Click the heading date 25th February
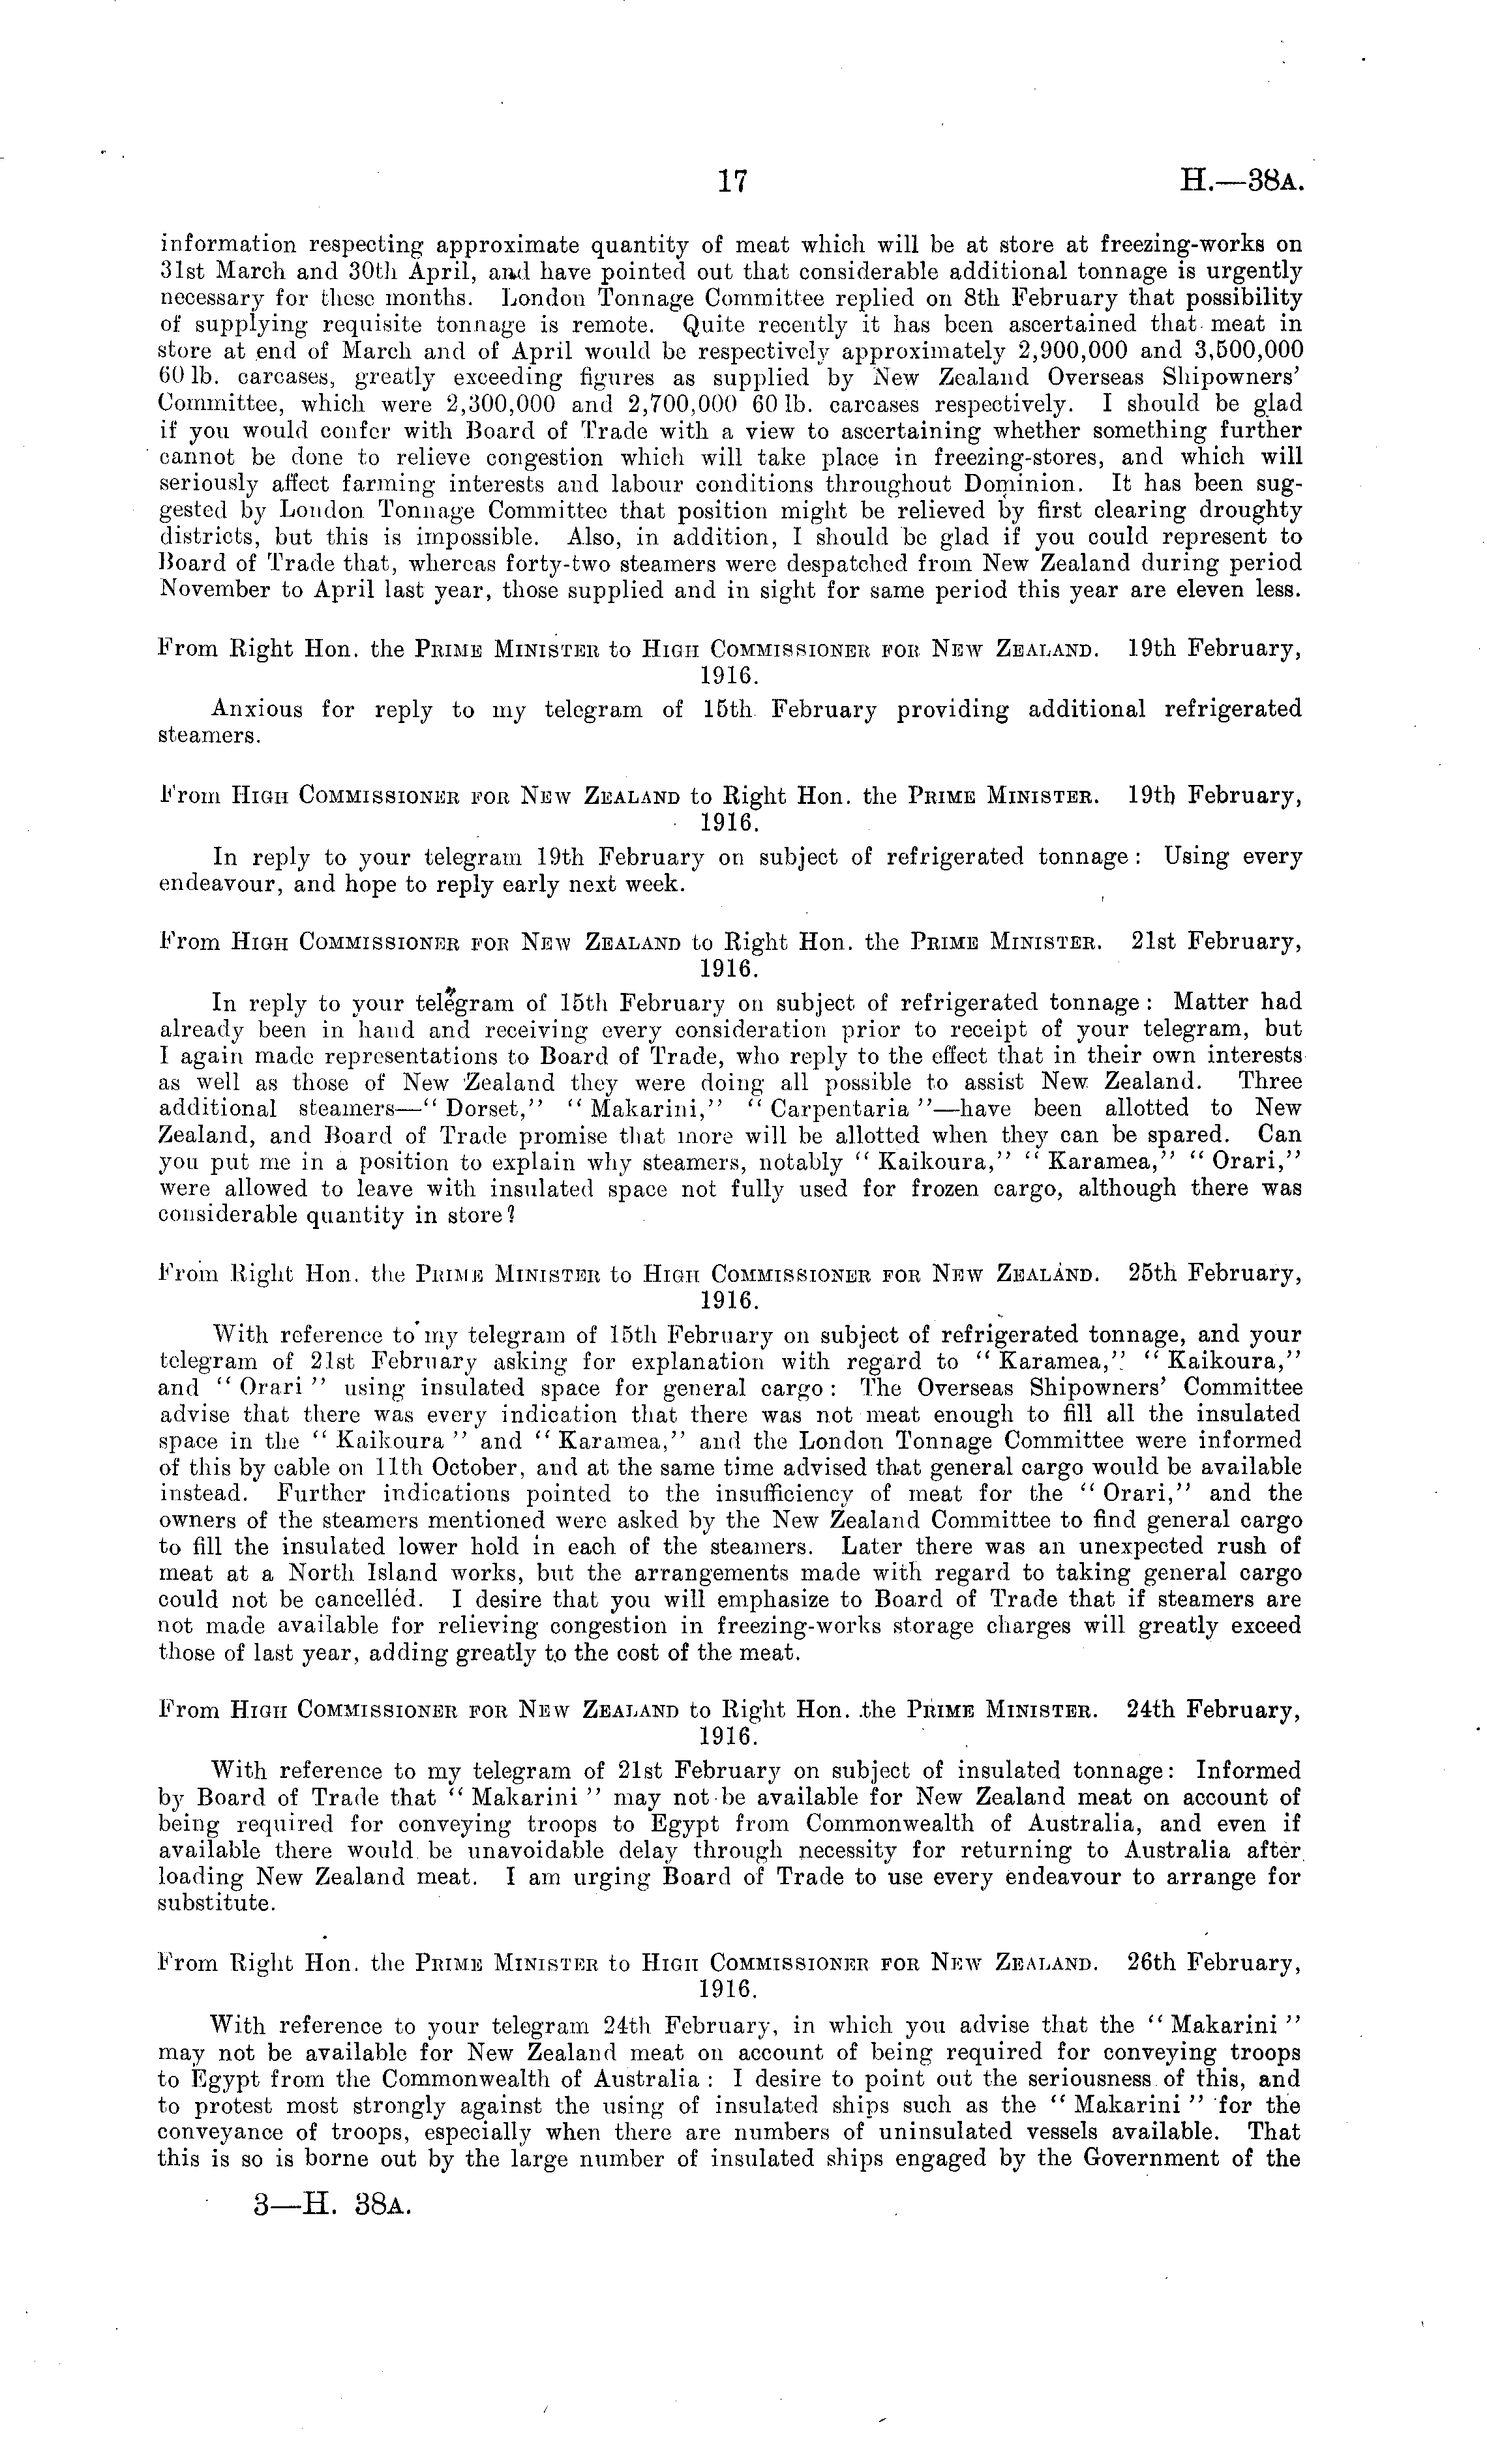(x=1214, y=1273)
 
